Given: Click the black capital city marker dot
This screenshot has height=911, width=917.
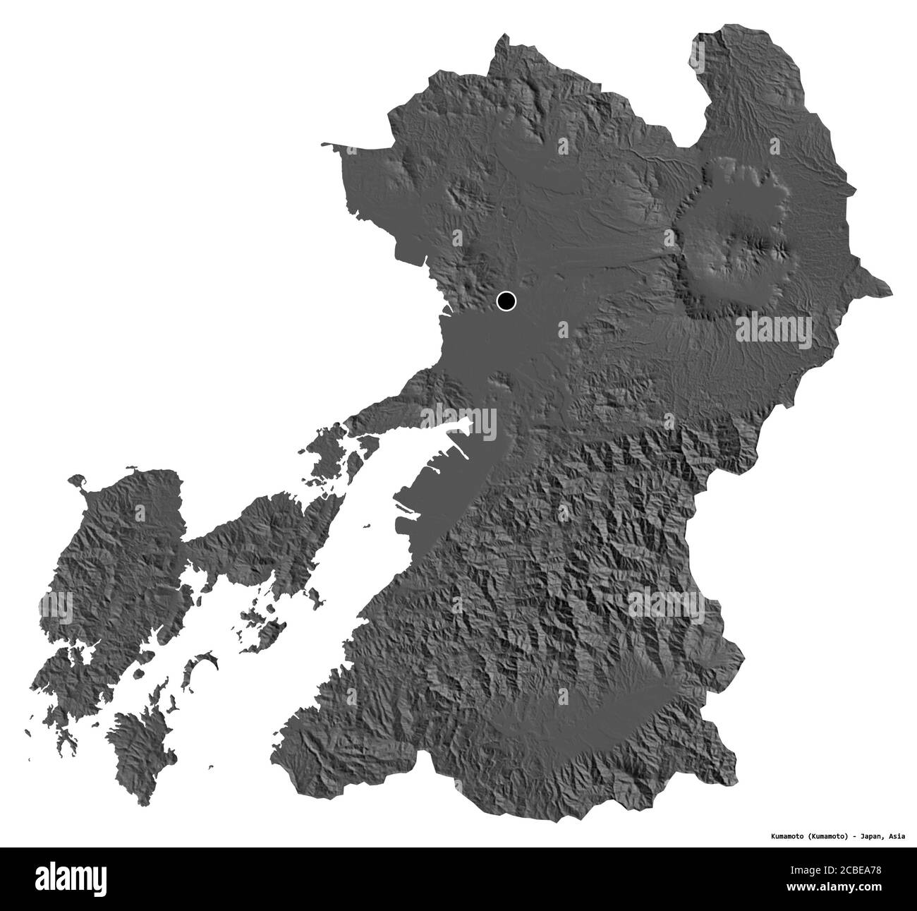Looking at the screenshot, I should coord(506,301).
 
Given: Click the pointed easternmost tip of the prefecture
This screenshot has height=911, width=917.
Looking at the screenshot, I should coord(889,289).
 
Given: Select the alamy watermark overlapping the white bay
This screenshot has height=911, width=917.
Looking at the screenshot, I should coord(459,423).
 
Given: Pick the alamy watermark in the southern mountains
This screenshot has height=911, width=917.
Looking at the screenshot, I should coord(664,603).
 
